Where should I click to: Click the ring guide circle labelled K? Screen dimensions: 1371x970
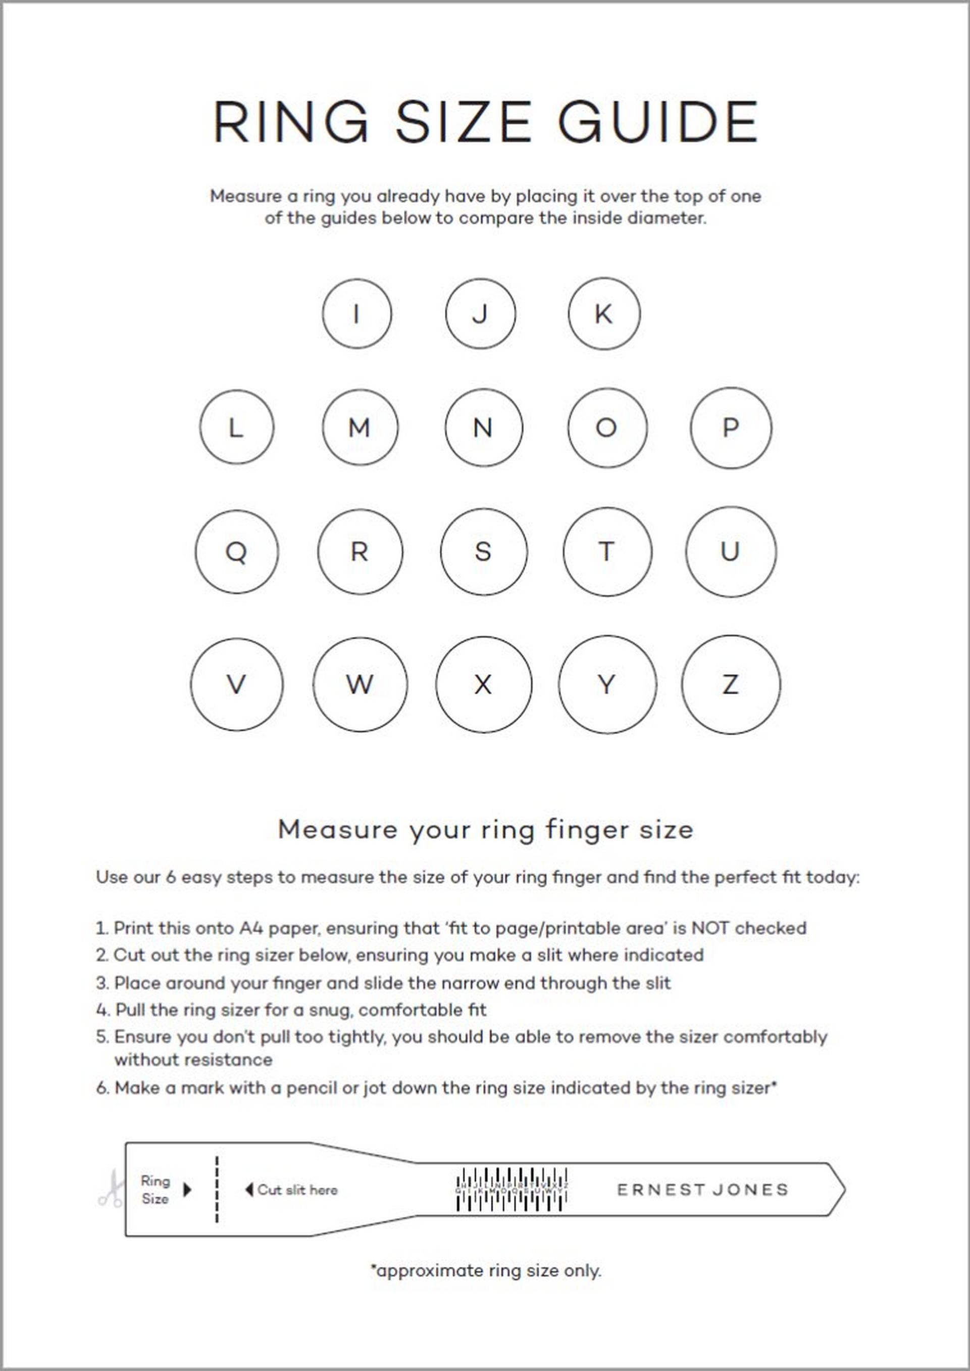pyautogui.click(x=604, y=314)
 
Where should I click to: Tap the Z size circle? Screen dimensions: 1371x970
pyautogui.click(x=731, y=684)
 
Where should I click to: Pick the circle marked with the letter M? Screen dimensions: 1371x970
pyautogui.click(x=360, y=428)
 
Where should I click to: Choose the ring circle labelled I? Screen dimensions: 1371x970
pyautogui.click(x=356, y=314)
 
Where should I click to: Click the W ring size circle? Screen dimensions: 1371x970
pyautogui.click(x=360, y=684)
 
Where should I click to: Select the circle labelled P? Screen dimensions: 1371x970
pyautogui.click(x=731, y=428)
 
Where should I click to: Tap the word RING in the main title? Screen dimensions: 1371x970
pyautogui.click(x=291, y=122)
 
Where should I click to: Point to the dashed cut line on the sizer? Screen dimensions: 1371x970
pyautogui.click(x=217, y=1189)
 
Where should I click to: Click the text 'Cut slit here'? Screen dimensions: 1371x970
pyautogui.click(x=297, y=1190)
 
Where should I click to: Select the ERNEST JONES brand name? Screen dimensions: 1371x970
pyautogui.click(x=702, y=1190)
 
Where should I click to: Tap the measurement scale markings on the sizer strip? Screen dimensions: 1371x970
pyautogui.click(x=512, y=1189)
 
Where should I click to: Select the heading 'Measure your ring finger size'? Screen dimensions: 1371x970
pyautogui.click(x=486, y=830)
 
